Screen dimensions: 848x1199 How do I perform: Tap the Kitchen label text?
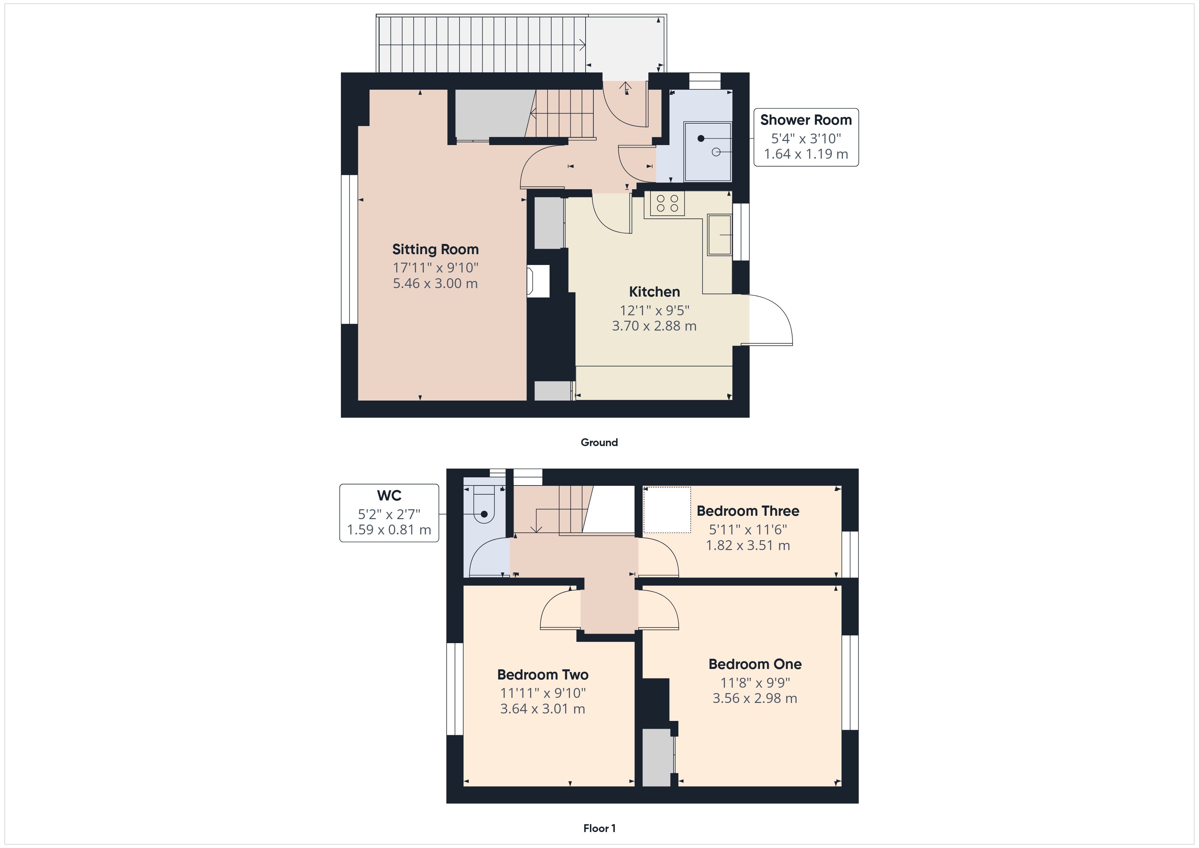[x=654, y=292]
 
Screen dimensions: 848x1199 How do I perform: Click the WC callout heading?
[x=389, y=496]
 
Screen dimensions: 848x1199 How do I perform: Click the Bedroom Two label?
[x=543, y=675]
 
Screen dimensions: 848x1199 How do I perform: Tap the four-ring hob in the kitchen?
[x=667, y=204]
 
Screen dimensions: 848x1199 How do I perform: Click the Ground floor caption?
[x=599, y=442]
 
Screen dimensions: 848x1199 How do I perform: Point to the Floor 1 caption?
[x=599, y=828]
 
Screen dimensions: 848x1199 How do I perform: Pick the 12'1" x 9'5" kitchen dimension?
[x=654, y=311]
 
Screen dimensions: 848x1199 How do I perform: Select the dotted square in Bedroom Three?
[x=667, y=510]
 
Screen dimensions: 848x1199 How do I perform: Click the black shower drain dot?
[x=701, y=138]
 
